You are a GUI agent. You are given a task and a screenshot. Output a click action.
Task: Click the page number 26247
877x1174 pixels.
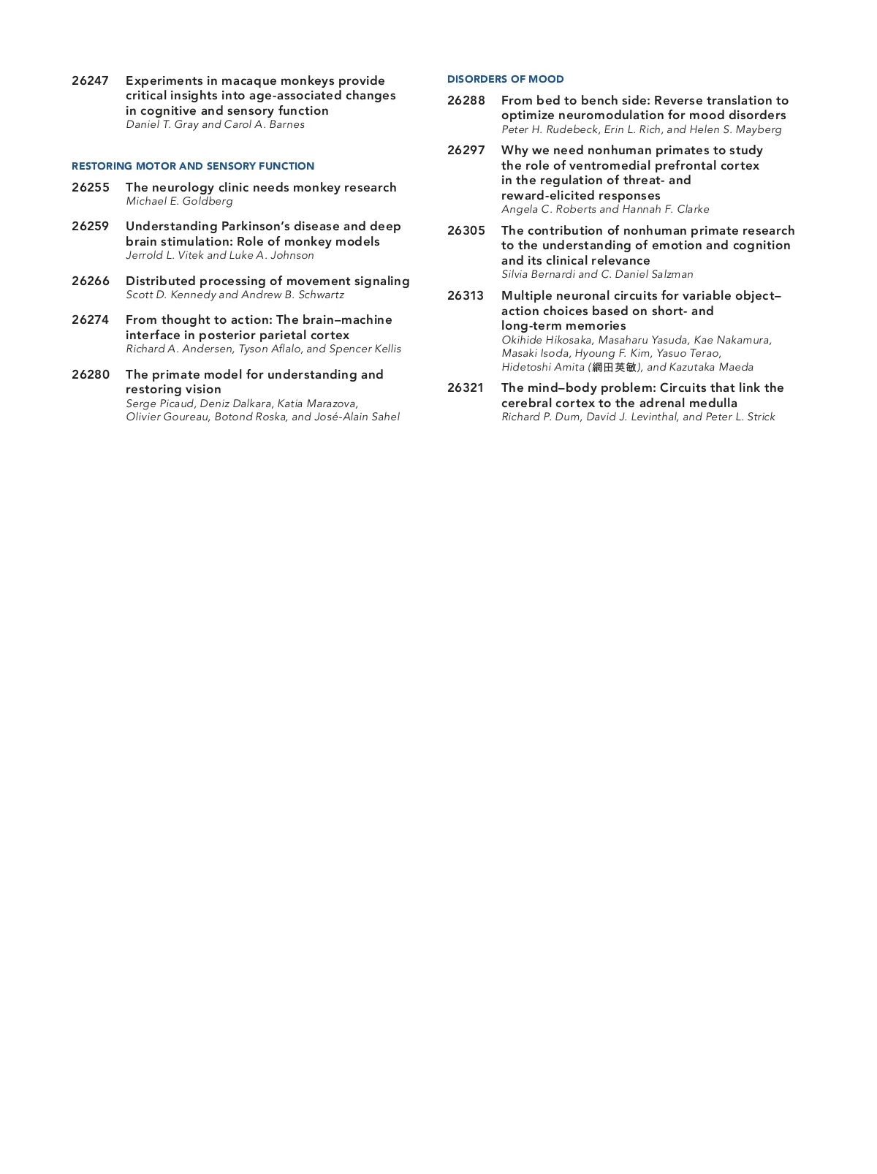point(90,81)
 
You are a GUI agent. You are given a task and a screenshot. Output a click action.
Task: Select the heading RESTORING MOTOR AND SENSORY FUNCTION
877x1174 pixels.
point(193,166)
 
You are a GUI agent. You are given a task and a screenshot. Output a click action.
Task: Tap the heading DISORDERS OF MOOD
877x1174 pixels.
point(505,79)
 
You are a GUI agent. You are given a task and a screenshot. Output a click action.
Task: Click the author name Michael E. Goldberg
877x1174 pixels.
point(179,201)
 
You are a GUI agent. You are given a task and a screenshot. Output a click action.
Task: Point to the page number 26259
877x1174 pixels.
point(90,227)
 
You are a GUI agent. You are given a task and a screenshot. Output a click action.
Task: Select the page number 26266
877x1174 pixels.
point(90,281)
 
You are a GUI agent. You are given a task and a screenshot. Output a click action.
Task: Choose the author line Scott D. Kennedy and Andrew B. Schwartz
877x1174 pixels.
point(235,295)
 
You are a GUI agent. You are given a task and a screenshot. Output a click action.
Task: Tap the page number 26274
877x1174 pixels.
point(90,320)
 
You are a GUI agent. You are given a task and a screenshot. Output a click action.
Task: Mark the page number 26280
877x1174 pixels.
point(90,375)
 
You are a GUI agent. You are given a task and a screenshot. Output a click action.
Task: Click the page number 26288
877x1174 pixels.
point(466,101)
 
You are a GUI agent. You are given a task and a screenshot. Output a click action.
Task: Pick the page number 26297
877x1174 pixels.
point(466,151)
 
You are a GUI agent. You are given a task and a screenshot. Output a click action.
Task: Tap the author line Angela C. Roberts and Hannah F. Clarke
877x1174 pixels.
point(605,209)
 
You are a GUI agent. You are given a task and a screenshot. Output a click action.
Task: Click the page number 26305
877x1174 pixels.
point(466,231)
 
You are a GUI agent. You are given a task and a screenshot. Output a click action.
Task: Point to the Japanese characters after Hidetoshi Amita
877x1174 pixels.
point(615,367)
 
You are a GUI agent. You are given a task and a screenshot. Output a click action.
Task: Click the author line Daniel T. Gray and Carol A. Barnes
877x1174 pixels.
point(215,124)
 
